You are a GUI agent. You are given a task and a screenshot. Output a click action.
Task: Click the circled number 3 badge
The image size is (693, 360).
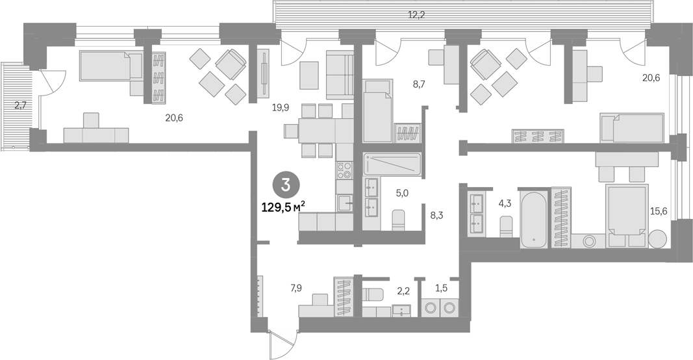coord(286,185)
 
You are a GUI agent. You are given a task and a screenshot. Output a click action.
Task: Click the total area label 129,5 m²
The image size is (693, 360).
coord(284,207)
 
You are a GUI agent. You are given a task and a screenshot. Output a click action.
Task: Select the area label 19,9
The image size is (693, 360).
coord(280,107)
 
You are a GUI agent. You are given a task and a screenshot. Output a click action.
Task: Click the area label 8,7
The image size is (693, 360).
coord(418,84)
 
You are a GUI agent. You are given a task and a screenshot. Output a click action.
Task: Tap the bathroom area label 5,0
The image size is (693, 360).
coord(401,193)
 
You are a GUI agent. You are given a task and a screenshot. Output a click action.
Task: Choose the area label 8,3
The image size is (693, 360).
coord(436,215)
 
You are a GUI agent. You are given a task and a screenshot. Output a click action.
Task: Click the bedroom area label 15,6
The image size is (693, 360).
coord(658,212)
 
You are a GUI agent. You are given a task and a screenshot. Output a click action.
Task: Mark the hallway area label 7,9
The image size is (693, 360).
coord(296,289)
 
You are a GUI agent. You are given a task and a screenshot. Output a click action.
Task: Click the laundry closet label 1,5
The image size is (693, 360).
coord(441,289)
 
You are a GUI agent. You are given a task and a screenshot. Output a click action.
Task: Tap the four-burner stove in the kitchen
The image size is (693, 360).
coord(344,170)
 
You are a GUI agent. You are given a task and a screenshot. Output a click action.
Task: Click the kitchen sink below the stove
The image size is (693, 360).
coord(344,203)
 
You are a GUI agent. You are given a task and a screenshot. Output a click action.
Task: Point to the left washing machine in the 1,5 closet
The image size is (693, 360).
coord(429,307)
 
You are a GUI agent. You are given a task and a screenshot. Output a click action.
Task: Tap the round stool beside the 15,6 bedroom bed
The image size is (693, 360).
coord(659,239)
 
